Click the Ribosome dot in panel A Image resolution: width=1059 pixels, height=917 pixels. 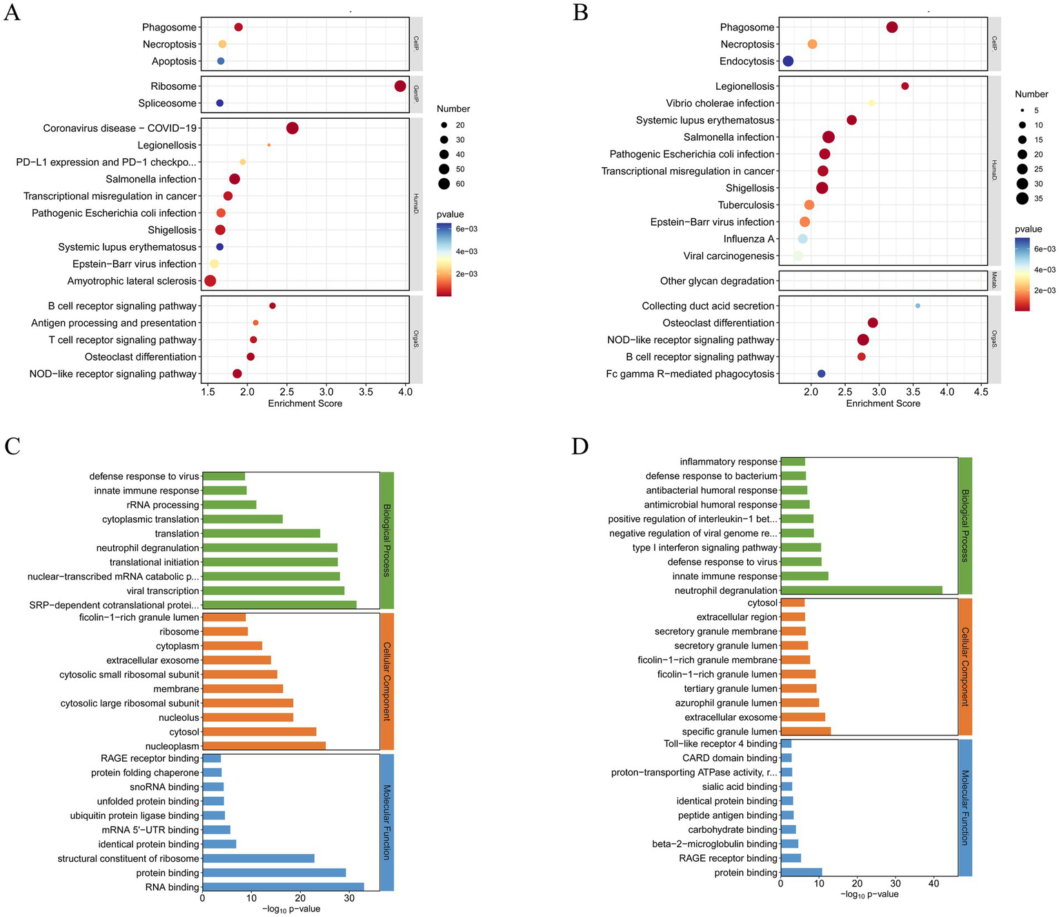pos(400,86)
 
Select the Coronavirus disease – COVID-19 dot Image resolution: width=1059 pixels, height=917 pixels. pos(292,128)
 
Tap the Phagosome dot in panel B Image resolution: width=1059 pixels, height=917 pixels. pos(892,28)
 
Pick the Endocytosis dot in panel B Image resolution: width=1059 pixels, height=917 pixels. pos(788,61)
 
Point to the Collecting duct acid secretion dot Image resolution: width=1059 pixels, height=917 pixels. pos(918,306)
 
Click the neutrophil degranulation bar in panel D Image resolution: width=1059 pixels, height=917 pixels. pos(862,590)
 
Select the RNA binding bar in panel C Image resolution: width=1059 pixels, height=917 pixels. pos(283,887)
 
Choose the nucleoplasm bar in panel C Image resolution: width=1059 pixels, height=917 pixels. pos(264,746)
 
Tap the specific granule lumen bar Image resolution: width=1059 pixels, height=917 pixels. pos(806,731)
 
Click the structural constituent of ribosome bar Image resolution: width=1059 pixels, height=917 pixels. pos(258,858)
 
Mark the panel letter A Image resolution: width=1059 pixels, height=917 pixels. pos(12,12)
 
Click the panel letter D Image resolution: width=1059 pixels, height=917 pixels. pos(580,447)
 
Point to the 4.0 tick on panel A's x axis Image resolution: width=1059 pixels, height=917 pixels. pos(406,392)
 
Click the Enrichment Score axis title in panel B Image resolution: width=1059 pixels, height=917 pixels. pos(883,403)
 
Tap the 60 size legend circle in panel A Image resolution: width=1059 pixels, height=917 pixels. pos(444,184)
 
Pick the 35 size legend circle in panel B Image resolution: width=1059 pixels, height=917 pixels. pos(1022,199)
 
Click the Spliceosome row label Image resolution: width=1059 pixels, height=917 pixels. pos(167,104)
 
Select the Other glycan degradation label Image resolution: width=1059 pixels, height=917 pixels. pos(717,281)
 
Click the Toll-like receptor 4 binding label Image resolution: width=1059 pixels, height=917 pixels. pos(720,744)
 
